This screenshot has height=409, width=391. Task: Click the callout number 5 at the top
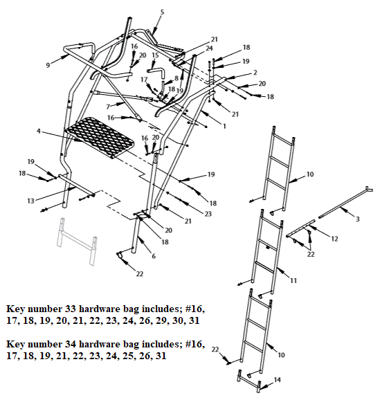click(x=162, y=12)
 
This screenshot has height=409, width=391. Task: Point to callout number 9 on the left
click(x=48, y=64)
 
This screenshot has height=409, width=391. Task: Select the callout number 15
click(x=155, y=55)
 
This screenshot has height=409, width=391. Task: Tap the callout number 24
click(x=209, y=48)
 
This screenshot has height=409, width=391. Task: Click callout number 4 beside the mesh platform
click(x=39, y=130)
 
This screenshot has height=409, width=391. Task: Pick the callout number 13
click(x=30, y=201)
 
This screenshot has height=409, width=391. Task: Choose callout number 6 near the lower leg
click(x=154, y=257)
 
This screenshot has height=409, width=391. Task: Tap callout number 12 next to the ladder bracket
click(x=334, y=239)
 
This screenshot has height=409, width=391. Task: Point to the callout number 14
click(x=278, y=380)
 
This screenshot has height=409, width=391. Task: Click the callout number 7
click(x=108, y=106)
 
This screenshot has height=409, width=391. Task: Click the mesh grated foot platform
click(x=98, y=137)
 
